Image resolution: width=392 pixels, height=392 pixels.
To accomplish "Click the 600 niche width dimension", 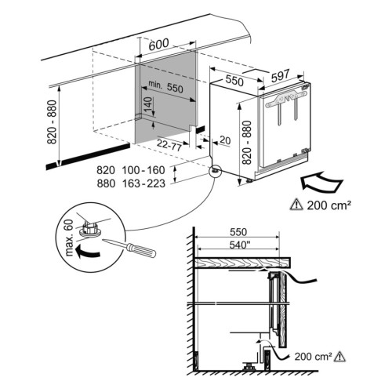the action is [158, 45].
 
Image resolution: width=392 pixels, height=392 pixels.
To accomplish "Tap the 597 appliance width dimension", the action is [281, 75].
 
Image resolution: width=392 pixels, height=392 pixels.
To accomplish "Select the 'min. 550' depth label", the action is [165, 87].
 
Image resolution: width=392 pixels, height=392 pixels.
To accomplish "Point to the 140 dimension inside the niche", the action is [147, 104].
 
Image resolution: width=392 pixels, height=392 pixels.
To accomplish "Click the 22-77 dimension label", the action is [169, 145].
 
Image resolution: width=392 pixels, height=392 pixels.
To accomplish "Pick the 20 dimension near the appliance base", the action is [225, 140].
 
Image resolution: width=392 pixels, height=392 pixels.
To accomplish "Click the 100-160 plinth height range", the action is [143, 170].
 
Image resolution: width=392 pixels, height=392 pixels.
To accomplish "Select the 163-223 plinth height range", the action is [143, 183].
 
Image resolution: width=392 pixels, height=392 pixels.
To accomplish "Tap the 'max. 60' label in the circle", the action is [69, 238].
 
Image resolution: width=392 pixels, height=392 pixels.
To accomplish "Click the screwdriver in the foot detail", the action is [129, 246].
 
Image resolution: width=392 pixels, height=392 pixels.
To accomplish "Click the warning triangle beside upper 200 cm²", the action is [296, 205].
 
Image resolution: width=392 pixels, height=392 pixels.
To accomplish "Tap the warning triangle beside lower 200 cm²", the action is [339, 356].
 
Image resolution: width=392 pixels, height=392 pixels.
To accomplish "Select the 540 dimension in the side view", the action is [238, 245].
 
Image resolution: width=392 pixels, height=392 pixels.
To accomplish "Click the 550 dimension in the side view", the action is [238, 232].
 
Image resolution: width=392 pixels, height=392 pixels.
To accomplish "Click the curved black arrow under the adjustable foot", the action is [87, 252].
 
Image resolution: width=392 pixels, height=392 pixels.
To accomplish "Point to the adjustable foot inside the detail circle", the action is [90, 230].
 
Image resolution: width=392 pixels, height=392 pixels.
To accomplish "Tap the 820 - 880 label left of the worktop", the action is [52, 122].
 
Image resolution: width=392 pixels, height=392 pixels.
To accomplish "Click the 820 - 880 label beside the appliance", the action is [246, 143].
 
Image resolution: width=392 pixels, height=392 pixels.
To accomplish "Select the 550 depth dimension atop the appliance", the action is [234, 81].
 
